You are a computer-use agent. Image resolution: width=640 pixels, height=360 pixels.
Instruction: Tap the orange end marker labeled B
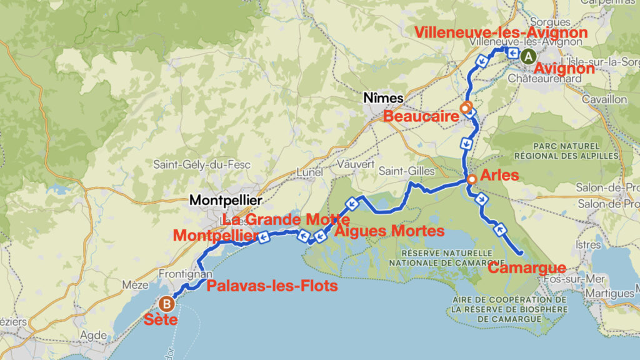(x=167, y=304)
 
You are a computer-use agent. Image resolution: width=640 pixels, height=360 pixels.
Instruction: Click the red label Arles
(x=499, y=175)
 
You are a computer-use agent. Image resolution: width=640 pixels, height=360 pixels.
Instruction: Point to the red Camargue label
(x=526, y=268)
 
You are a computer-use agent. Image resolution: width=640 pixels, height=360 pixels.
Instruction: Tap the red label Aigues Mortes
(x=389, y=231)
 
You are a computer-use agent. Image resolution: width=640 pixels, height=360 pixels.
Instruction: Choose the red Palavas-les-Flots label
(x=272, y=286)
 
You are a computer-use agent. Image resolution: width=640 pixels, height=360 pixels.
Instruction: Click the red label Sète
(x=161, y=320)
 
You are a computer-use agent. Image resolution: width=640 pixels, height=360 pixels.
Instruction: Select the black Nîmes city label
(x=384, y=98)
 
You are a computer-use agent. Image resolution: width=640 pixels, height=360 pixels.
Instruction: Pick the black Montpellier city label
(x=225, y=201)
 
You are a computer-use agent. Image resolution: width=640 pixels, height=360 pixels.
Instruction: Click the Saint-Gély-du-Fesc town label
(x=202, y=165)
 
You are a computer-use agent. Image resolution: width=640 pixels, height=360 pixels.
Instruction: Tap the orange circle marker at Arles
(x=472, y=179)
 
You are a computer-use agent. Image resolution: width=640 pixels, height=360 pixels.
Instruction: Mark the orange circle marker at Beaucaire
(x=465, y=108)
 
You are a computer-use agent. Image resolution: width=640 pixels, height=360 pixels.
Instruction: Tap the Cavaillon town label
(x=604, y=99)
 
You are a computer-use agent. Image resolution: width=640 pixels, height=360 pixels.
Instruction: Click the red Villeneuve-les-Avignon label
(x=502, y=32)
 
